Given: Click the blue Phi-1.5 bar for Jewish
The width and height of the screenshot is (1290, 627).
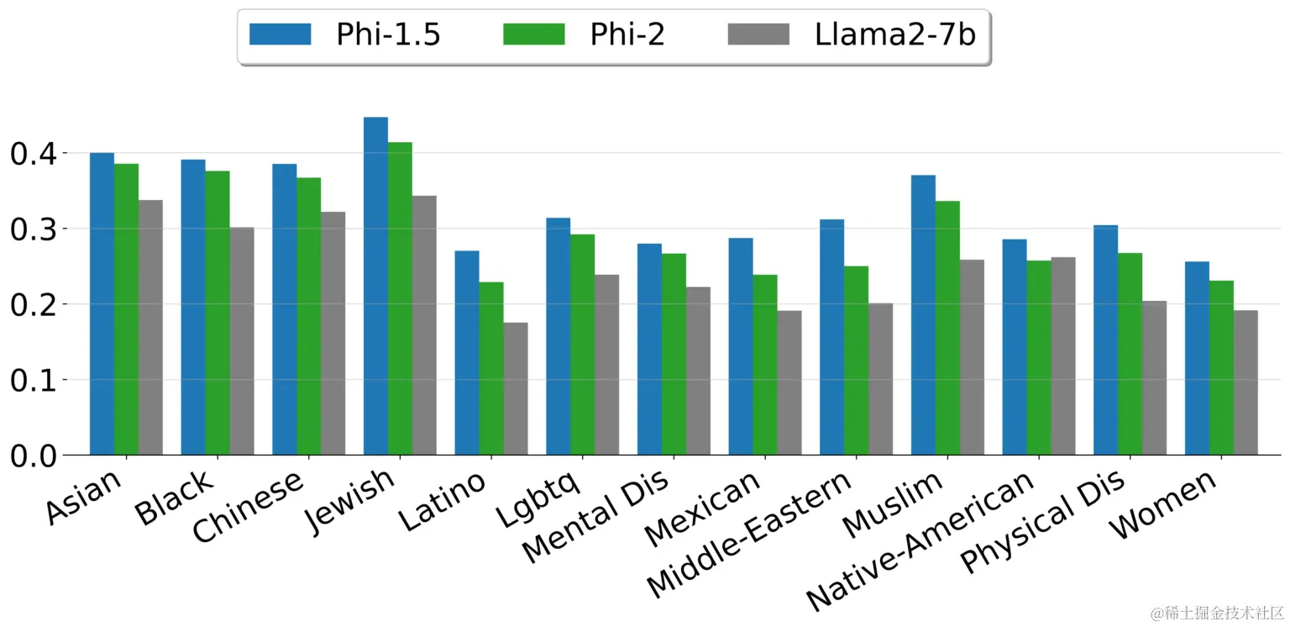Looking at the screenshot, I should (375, 286).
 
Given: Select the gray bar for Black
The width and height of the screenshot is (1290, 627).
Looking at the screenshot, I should (242, 340).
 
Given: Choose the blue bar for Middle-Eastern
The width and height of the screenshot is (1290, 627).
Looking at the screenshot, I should (831, 337).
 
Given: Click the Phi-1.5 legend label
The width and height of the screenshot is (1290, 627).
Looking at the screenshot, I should (388, 34).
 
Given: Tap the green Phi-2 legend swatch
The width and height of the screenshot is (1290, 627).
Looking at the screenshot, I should (533, 34).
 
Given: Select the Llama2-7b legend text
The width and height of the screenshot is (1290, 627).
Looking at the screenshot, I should (894, 34).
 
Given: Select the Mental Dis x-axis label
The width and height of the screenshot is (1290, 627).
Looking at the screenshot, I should (597, 518).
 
